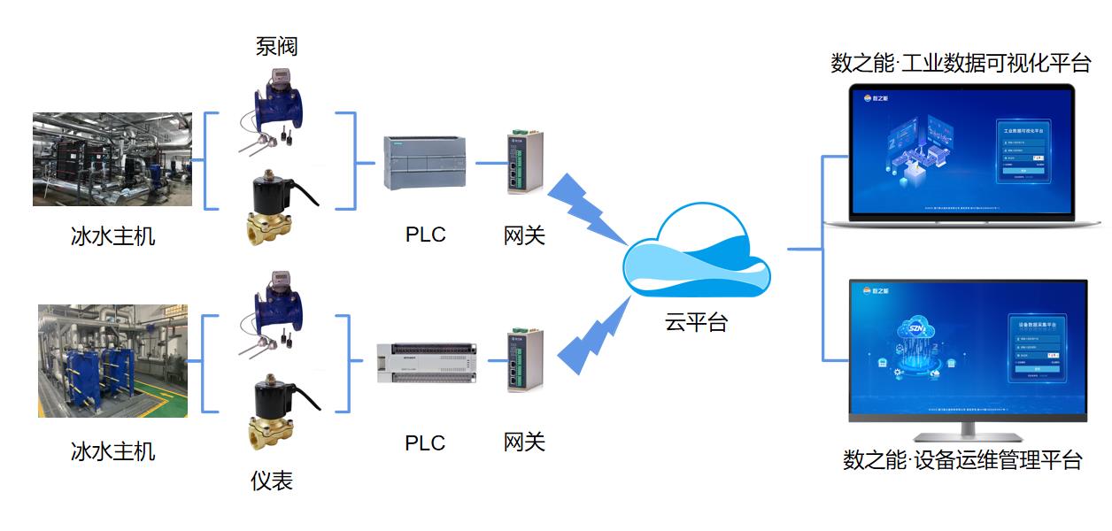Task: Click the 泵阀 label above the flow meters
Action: coord(276,46)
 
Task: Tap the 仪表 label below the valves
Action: coord(272,481)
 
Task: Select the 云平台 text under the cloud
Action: coord(696,322)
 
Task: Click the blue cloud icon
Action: coord(696,257)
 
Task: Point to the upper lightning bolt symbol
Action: coord(585,208)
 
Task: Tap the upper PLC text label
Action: coord(425,235)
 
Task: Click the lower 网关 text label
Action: coord(524,442)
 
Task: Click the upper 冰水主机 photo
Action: coord(112,159)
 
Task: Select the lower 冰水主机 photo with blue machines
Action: coord(112,361)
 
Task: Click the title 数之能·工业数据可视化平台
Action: coord(961,64)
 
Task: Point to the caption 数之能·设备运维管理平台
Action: coord(962,460)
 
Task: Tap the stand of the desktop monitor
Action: coord(967,431)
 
